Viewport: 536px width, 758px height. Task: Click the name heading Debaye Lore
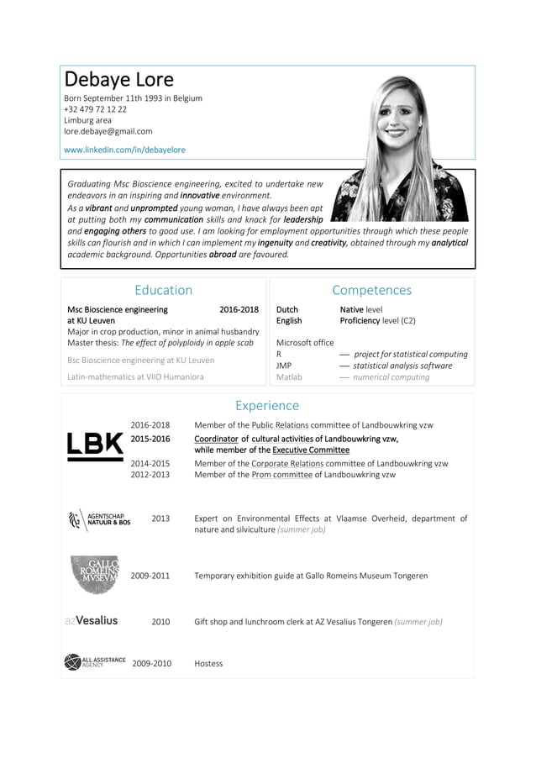pos(118,80)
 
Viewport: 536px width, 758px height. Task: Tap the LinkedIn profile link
pos(124,150)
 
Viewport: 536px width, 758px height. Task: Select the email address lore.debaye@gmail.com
pos(108,131)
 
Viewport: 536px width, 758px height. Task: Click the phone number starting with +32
pos(95,109)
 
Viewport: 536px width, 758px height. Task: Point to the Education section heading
pos(163,290)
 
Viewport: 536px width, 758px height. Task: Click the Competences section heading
pos(371,290)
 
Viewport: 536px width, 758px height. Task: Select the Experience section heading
pos(266,406)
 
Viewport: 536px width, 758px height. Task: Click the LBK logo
pos(94,446)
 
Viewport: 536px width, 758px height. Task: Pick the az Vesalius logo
pos(91,621)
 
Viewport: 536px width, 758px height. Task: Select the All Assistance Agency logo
pos(94,662)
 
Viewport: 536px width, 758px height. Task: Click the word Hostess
pos(208,664)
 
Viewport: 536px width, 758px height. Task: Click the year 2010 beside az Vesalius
pos(160,622)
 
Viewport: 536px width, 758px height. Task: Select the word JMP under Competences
pos(284,366)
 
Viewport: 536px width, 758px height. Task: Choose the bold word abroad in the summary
pos(223,254)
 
